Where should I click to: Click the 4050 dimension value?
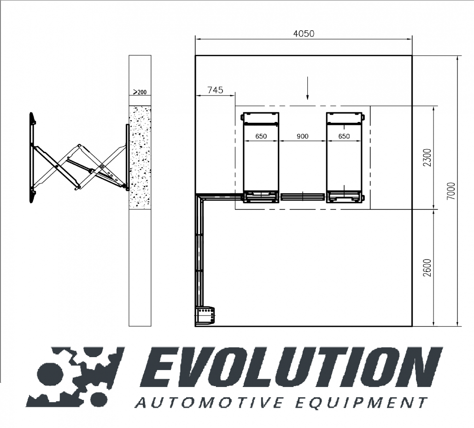coord(304,33)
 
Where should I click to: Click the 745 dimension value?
coord(215,90)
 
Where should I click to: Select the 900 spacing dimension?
coord(302,136)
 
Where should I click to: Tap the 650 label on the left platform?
coord(261,136)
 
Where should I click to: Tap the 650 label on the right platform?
coord(344,136)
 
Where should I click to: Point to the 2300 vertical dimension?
coord(427,157)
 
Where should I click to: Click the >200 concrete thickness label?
coord(140,92)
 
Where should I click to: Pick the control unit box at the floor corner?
coord(205,316)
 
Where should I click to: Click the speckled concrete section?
coord(140,156)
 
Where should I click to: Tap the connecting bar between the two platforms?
coord(302,197)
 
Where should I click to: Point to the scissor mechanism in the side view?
coord(78,166)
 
